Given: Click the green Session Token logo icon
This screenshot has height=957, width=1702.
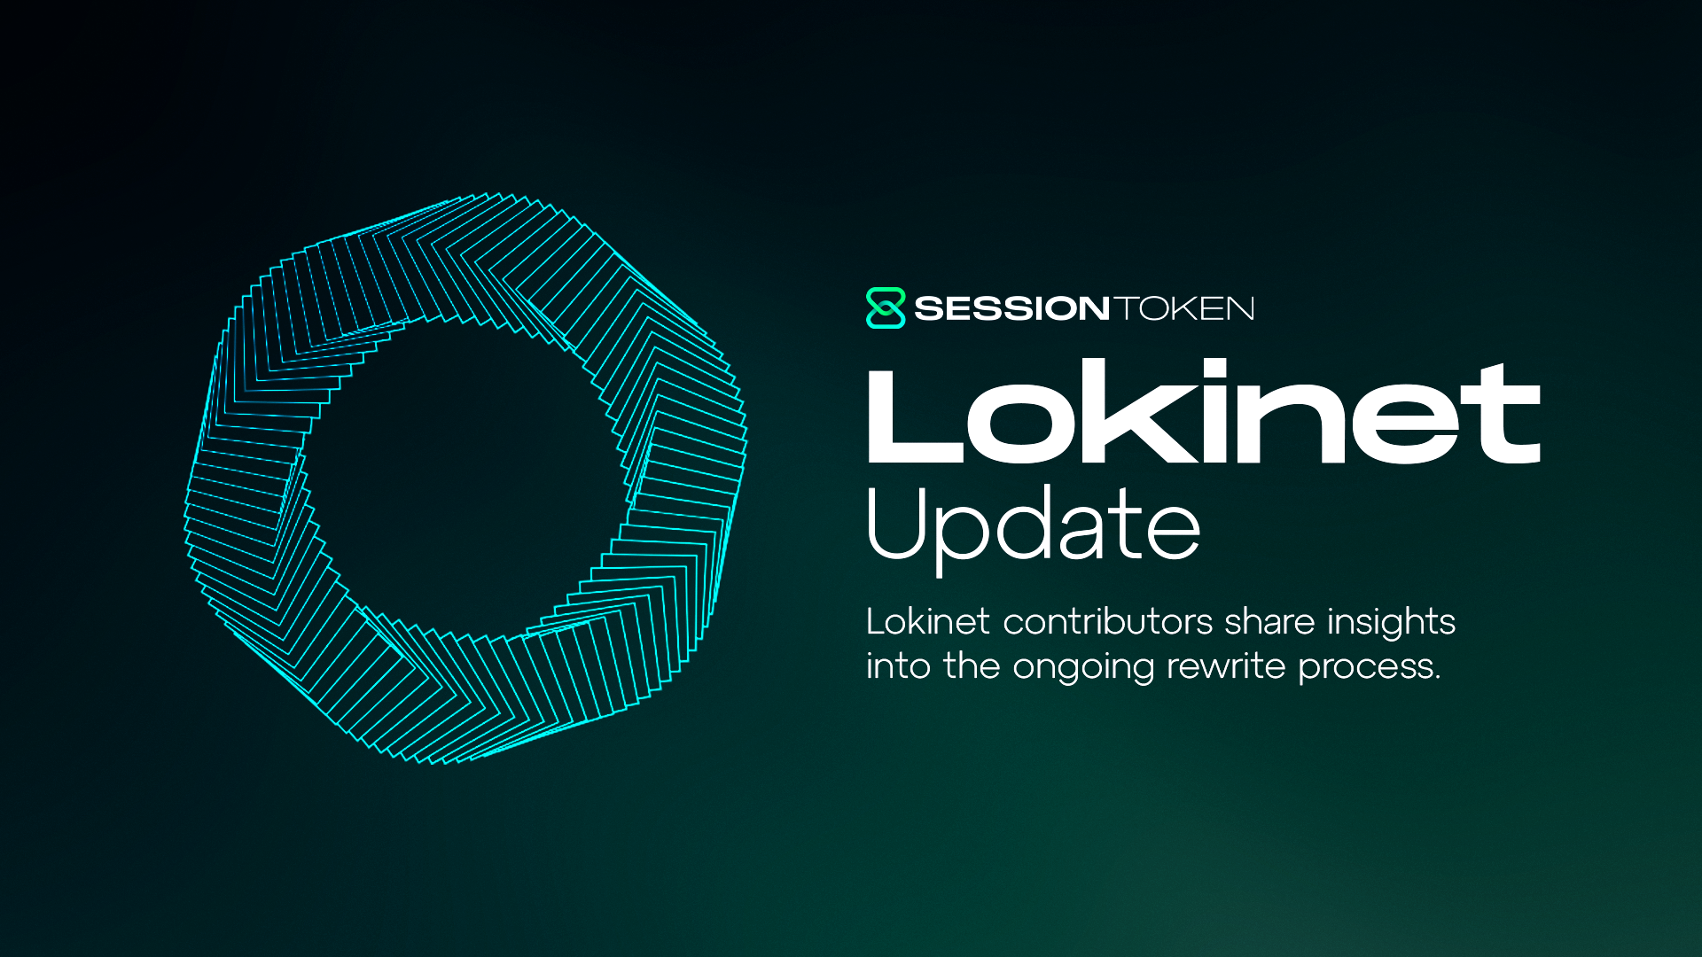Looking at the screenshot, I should [x=885, y=308].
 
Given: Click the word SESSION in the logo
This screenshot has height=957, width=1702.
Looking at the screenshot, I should [x=1011, y=308].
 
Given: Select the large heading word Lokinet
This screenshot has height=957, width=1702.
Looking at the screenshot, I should [x=1203, y=413].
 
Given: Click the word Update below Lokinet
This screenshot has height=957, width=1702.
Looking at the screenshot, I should [x=1033, y=526].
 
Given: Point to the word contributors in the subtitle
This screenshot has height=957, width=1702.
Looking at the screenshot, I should [x=1107, y=622].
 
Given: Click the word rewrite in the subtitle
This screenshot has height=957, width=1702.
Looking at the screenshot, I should [x=1226, y=666].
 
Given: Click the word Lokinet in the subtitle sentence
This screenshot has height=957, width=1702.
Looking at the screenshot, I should [x=927, y=622].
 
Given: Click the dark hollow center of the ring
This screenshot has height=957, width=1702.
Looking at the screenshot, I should [x=465, y=478].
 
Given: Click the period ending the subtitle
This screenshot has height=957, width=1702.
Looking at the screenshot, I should [x=1436, y=678].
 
